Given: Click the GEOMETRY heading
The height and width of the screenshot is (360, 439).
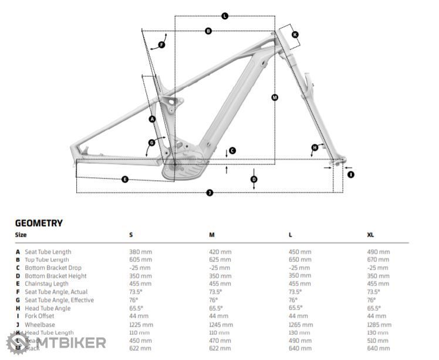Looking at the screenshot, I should [x=39, y=223].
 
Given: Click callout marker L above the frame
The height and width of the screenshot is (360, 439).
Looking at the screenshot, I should [x=225, y=16].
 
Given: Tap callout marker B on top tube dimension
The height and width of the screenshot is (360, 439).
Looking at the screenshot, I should [x=208, y=31].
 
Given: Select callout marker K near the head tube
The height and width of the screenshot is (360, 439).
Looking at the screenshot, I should [x=295, y=35].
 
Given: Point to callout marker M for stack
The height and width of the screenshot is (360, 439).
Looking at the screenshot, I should [x=275, y=97].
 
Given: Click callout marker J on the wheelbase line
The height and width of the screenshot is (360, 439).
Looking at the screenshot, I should [x=210, y=193].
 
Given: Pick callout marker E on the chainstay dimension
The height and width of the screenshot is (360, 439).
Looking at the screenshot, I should [x=125, y=179].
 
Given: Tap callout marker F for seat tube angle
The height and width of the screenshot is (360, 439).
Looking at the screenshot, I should [x=161, y=45].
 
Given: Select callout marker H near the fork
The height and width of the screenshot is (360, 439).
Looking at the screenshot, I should [x=315, y=147].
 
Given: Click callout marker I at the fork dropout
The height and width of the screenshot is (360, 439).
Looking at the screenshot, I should [x=351, y=174].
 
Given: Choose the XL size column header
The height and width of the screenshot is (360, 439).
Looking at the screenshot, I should [x=370, y=235].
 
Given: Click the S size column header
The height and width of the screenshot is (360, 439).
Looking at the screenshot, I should [x=131, y=235].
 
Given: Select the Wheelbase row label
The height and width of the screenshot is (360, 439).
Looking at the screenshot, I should [x=40, y=325].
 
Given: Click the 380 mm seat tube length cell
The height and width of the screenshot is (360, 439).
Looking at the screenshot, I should [x=140, y=252].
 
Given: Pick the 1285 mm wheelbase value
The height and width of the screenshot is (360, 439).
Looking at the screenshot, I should [x=378, y=325].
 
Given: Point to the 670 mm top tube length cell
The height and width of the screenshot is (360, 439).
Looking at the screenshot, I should [x=378, y=260].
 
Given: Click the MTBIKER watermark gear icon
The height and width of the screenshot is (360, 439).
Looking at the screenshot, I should [x=16, y=342].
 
